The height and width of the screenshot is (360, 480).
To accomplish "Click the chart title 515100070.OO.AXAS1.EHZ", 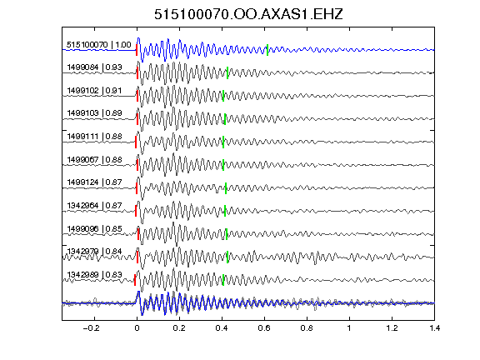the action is point(248,14).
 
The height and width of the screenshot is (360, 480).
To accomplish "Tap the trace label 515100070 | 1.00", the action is point(99,45).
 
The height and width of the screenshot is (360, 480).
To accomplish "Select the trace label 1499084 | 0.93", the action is point(94,67).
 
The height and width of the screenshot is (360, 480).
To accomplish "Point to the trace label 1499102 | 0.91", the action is point(94,91).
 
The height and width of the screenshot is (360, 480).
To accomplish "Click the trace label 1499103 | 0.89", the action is point(94,113).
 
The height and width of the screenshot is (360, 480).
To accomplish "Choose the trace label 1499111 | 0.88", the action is point(94,136).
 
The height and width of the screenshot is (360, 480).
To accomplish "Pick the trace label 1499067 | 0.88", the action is point(94,159).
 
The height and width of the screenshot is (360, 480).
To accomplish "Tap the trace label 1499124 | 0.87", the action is point(94,182).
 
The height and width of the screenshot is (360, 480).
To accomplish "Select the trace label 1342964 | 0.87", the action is point(94,205).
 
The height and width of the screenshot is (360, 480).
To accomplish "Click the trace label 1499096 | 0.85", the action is point(94,228).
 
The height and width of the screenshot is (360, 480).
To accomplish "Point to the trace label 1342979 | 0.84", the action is point(94,252).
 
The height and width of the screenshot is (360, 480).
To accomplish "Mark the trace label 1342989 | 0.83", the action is point(94,275).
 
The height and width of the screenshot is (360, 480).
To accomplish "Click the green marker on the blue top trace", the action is point(267,50).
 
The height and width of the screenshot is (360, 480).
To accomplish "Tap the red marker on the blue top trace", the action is point(137,50).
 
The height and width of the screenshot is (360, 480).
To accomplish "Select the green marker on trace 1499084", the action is point(227,73).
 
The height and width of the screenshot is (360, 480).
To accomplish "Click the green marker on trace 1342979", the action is point(227,257).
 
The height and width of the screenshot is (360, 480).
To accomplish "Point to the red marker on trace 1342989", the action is point(135,280).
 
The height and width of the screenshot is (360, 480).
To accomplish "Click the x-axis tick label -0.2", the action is point(91,328).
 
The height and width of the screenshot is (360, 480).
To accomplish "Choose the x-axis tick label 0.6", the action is point(264,328).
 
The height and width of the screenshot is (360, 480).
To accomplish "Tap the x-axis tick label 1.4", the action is point(434,328).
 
